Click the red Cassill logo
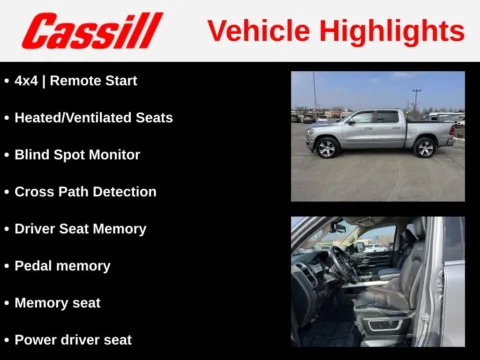(x=92, y=31)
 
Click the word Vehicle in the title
(x=256, y=31)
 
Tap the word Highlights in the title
(x=390, y=31)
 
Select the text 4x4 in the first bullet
(x=28, y=80)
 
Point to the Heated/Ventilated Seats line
(x=93, y=117)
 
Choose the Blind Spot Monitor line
(x=77, y=155)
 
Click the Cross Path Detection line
(x=85, y=191)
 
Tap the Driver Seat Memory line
(x=80, y=229)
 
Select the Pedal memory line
(x=62, y=266)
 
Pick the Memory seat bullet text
(x=57, y=302)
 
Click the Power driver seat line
(x=73, y=339)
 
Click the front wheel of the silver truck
(x=327, y=149)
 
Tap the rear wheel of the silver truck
(x=425, y=148)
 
